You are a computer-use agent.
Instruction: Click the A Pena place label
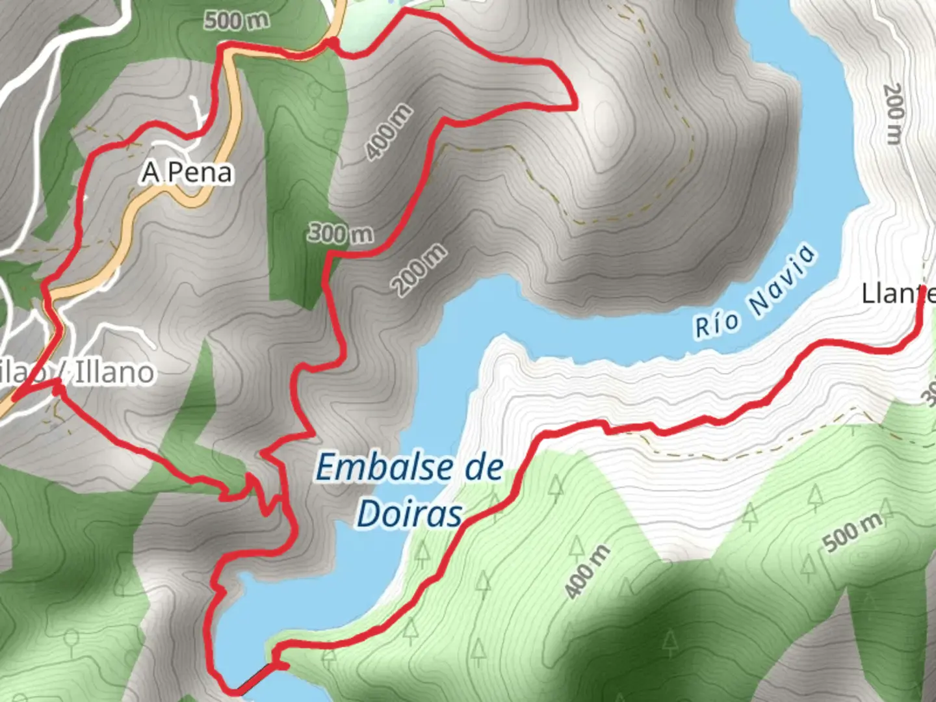187,172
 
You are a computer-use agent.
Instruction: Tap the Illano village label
114,372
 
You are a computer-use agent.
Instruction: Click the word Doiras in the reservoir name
409,513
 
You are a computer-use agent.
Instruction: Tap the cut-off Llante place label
897,294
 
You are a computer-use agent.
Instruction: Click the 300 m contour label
341,233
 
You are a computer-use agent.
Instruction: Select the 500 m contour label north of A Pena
237,20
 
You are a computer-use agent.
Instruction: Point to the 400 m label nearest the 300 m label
389,132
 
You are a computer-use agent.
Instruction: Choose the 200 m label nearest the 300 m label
419,270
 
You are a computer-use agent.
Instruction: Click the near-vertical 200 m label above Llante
894,113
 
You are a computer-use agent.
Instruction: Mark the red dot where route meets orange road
332,42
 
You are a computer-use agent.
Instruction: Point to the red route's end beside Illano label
57,389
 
